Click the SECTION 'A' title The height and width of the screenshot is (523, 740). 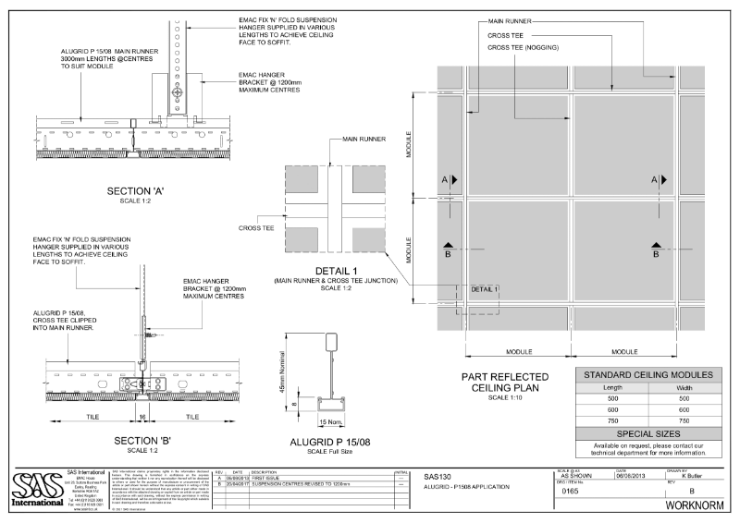pos(136,191)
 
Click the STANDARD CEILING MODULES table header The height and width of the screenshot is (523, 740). pos(645,375)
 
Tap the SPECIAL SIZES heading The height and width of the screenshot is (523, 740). pos(645,433)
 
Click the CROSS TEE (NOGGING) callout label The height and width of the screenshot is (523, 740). pos(525,47)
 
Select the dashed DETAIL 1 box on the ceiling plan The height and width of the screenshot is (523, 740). pos(483,290)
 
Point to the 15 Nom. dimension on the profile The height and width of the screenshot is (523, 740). pos(327,422)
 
